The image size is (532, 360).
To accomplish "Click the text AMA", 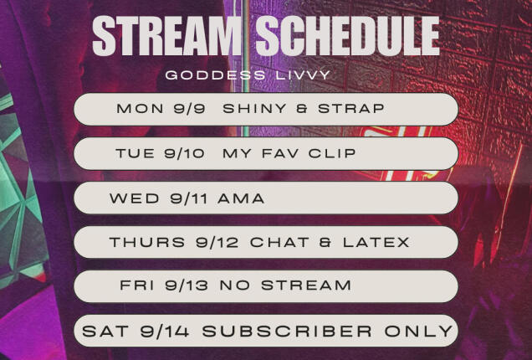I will tap(243, 198).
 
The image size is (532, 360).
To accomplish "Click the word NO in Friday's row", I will tap(233, 286).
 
